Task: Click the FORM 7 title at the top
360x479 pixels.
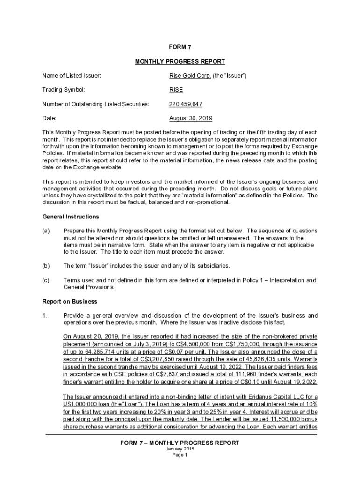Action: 180,47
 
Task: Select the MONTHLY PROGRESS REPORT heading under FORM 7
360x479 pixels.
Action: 180,61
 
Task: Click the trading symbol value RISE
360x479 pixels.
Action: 176,90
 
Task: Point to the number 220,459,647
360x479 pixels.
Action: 186,104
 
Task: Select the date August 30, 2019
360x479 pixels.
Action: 190,119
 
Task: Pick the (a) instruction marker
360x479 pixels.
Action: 46,231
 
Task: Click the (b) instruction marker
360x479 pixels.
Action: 46,266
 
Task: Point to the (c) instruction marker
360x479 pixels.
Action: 46,280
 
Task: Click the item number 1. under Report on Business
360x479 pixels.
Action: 45,315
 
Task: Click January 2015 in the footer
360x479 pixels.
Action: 180,449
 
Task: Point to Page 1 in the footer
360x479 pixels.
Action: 180,455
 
